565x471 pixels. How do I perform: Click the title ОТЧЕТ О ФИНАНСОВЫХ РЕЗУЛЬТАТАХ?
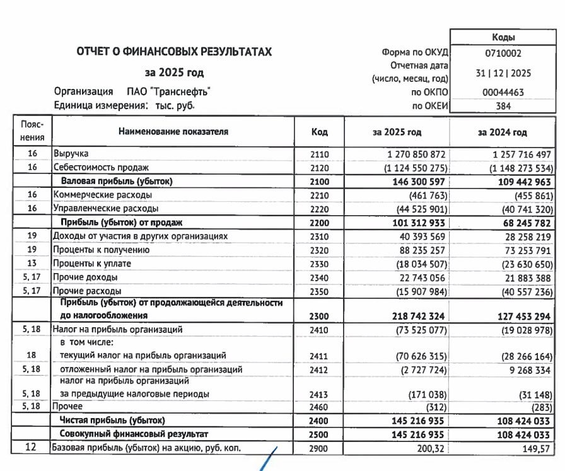click(x=174, y=52)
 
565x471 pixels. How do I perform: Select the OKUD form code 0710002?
click(x=503, y=54)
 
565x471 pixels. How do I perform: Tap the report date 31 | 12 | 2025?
click(x=503, y=73)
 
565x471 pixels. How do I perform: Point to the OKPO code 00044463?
click(x=503, y=92)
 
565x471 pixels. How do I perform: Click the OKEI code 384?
click(x=503, y=106)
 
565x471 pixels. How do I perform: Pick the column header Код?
click(x=320, y=132)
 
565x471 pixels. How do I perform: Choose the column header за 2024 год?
click(x=502, y=132)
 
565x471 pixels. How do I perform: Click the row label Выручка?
click(x=71, y=153)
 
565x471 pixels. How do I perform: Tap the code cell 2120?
click(x=320, y=168)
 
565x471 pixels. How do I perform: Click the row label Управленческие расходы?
click(x=105, y=209)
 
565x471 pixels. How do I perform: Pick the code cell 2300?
click(x=320, y=315)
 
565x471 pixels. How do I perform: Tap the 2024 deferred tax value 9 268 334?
click(x=523, y=369)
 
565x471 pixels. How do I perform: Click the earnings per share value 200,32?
click(x=432, y=448)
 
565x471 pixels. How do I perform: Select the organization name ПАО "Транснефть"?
click(x=168, y=92)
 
